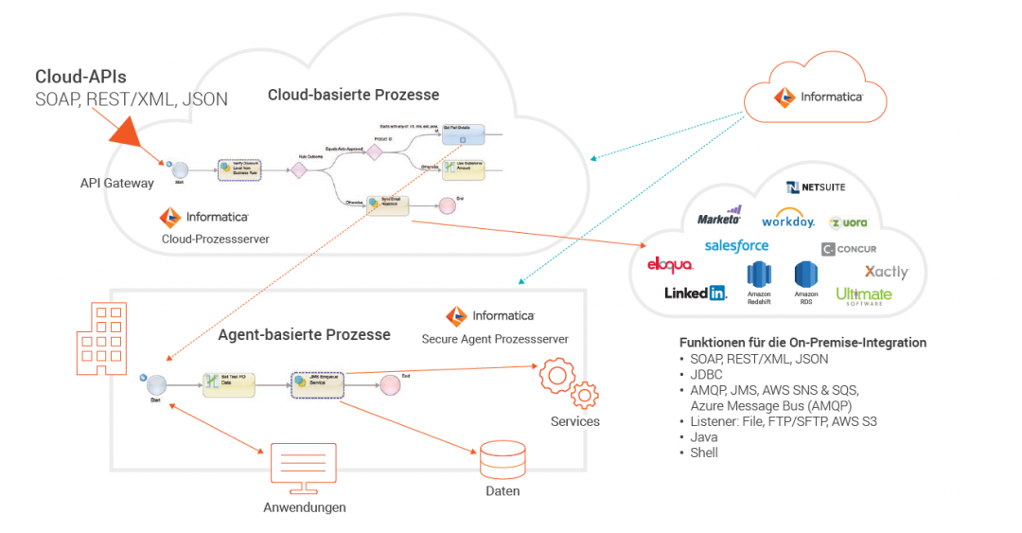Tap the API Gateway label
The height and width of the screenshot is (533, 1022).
(x=116, y=183)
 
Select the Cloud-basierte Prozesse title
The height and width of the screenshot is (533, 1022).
(x=353, y=95)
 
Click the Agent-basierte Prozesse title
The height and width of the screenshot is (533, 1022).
(x=304, y=334)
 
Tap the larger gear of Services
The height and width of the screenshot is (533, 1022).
(x=558, y=376)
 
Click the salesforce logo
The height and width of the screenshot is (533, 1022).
(x=736, y=245)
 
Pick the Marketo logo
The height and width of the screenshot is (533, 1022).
(x=719, y=217)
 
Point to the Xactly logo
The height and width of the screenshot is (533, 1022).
(x=886, y=272)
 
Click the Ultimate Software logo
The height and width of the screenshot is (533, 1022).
(x=864, y=295)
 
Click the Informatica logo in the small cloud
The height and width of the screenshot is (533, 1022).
(x=818, y=97)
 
